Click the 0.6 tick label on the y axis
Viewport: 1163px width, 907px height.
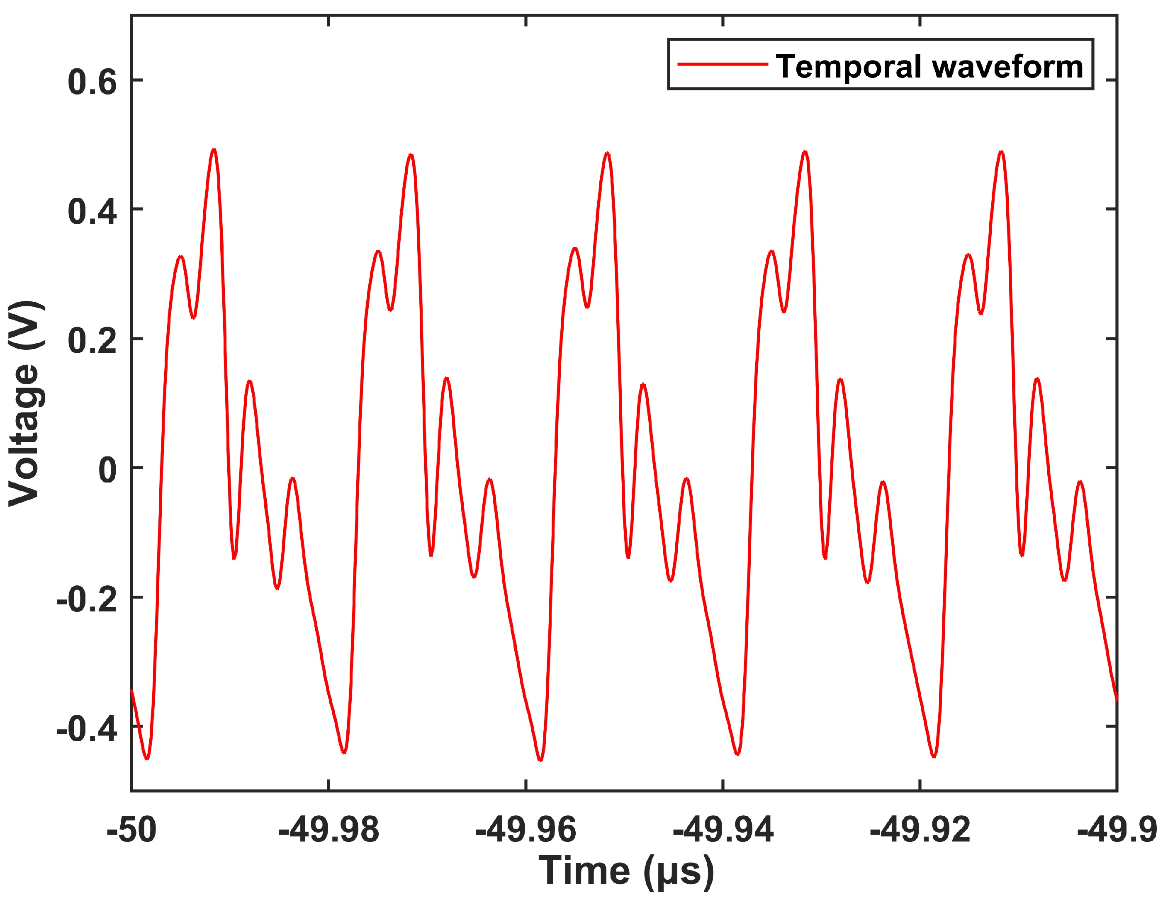tap(92, 83)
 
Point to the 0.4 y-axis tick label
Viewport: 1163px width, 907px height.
tap(92, 212)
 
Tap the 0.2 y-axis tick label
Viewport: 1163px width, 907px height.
tap(92, 341)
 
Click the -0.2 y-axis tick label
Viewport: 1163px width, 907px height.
tap(86, 600)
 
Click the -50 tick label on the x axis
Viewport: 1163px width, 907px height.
tap(131, 830)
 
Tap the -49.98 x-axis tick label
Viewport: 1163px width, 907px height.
tap(328, 830)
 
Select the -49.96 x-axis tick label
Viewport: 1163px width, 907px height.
tap(526, 830)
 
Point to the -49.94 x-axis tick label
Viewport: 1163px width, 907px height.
tap(723, 830)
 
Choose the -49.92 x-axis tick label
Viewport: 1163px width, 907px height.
tap(920, 830)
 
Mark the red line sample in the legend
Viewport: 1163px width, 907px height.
tap(722, 64)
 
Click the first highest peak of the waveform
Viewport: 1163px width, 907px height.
tap(214, 150)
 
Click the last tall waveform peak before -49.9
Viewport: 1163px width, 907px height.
tap(1002, 153)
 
